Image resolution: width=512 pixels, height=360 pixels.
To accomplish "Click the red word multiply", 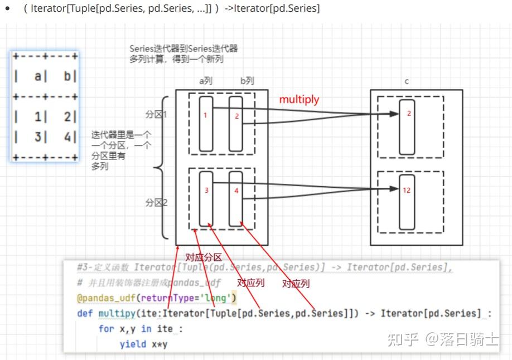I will [299, 100].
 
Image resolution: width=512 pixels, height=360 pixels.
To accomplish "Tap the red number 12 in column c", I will [406, 190].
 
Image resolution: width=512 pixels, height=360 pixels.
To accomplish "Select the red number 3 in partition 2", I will [206, 190].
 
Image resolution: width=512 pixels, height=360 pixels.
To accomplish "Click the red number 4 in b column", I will [236, 191].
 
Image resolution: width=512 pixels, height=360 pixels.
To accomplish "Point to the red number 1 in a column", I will [205, 116].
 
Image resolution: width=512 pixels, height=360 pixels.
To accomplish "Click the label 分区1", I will [156, 114].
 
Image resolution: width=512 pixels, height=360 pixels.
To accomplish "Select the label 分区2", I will [156, 202].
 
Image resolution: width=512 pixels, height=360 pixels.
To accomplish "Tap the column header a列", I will [206, 81].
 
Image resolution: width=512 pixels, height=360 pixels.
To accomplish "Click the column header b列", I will [247, 81].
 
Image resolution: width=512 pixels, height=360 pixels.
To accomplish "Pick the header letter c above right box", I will [407, 81].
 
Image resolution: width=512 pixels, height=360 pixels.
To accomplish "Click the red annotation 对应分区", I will [204, 257].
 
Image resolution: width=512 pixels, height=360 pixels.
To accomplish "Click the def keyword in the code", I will [85, 313].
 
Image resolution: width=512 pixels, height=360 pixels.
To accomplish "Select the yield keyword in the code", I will [132, 344].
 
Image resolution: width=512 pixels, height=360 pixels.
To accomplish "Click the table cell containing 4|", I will [70, 136].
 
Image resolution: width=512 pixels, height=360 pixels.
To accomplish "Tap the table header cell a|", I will [38, 76].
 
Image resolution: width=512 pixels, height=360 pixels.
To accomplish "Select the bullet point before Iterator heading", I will [7, 9].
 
